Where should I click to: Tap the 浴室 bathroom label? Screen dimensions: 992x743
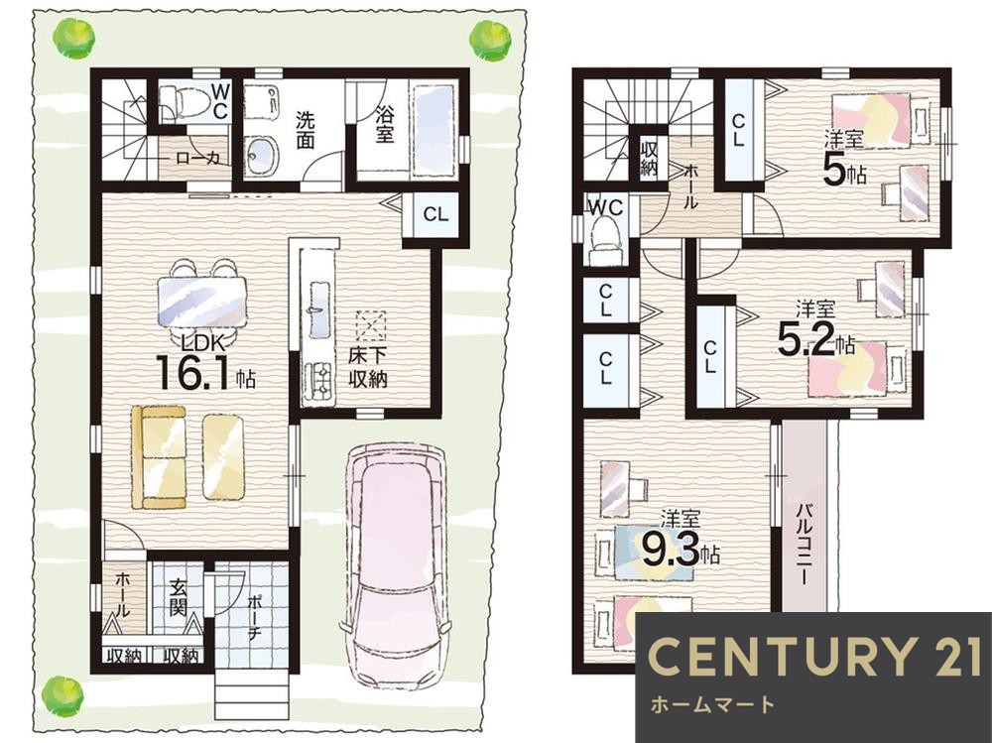click(384, 123)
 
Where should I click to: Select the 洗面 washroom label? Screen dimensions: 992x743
click(306, 130)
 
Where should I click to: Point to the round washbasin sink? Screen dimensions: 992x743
click(262, 154)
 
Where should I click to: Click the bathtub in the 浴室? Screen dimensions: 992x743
click(434, 127)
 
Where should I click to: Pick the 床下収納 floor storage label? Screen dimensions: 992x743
click(368, 368)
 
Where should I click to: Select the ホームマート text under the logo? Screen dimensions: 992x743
click(713, 703)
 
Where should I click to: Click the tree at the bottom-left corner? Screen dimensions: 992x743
click(62, 695)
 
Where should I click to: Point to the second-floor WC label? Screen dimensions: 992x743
click(606, 207)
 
